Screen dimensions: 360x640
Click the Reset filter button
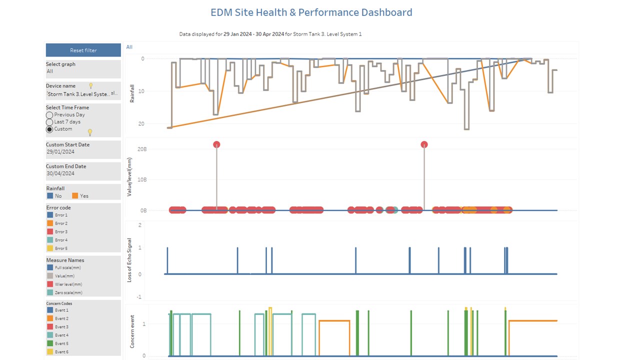(83, 50)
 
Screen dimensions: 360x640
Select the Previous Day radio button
(49, 115)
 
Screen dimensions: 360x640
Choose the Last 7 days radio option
(49, 122)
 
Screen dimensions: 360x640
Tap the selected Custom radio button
(49, 129)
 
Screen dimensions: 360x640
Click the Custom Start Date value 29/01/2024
(60, 152)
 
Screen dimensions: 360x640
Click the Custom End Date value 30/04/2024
(60, 173)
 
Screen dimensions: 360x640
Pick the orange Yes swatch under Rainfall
(75, 196)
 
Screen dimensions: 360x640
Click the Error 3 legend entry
(61, 232)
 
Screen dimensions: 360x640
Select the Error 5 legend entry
(61, 248)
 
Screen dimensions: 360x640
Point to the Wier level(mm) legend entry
(68, 284)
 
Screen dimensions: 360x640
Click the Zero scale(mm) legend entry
(68, 292)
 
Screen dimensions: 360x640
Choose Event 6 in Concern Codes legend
(61, 352)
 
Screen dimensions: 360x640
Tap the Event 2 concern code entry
(61, 318)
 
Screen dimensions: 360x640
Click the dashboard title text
(311, 12)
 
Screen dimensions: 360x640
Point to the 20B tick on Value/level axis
(141, 149)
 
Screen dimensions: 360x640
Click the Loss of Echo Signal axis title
(129, 260)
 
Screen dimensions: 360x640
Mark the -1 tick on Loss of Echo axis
(139, 297)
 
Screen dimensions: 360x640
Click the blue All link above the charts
(129, 47)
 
